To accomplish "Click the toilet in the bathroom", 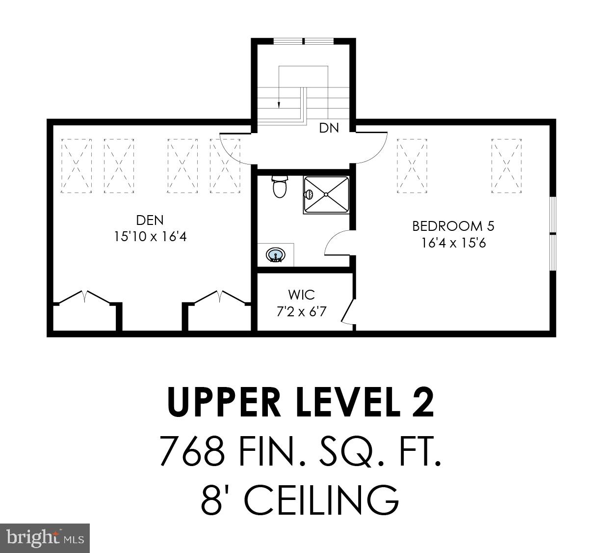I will (280, 187).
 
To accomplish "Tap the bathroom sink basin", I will (276, 255).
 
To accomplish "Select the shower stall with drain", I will (326, 194).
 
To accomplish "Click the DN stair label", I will (329, 128).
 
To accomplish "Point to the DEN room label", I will (150, 220).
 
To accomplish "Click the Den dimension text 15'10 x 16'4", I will (150, 237).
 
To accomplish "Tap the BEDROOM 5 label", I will (453, 226).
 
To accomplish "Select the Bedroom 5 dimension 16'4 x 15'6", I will (453, 243).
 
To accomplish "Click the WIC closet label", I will (301, 295).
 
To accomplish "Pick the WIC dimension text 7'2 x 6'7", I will (301, 311).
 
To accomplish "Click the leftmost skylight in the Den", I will (76, 166).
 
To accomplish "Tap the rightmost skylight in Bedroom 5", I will (506, 166).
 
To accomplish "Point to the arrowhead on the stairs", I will (279, 104).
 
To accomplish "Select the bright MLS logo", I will (45, 537).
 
